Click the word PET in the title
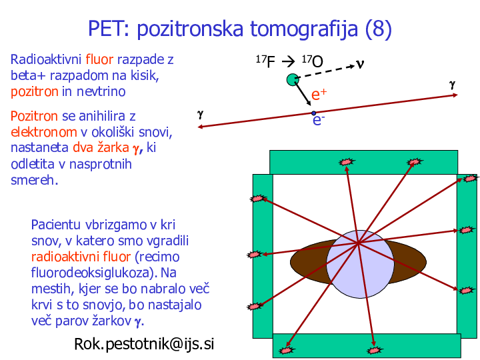(x=109, y=29)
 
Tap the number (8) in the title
(x=379, y=29)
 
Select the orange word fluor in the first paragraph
(x=99, y=59)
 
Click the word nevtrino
(x=101, y=91)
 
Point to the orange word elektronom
(x=44, y=132)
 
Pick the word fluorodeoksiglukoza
(x=94, y=273)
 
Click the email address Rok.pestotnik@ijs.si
(x=144, y=343)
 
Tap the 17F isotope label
(x=265, y=61)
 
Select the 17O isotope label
(x=312, y=61)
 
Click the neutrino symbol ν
(x=360, y=64)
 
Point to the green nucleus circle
(x=293, y=79)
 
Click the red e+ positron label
(x=319, y=94)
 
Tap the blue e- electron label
(x=319, y=120)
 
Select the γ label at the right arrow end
(x=452, y=85)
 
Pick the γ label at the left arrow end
(x=200, y=115)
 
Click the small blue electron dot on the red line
(x=313, y=113)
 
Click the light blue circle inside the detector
(x=360, y=264)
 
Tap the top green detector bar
(x=364, y=162)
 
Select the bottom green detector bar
(x=367, y=345)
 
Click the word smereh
(x=34, y=180)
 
